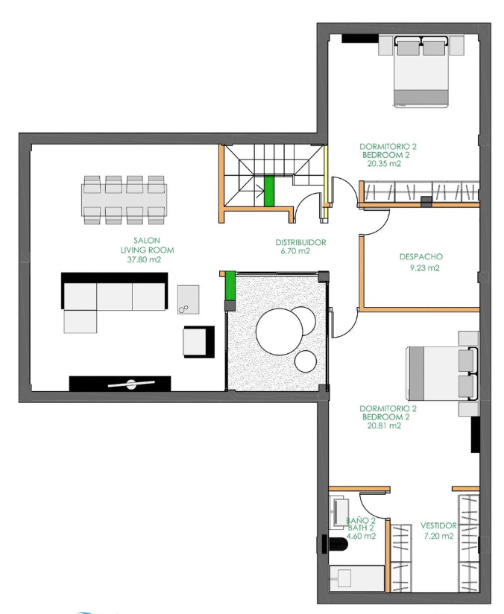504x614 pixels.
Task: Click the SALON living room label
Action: [147, 245]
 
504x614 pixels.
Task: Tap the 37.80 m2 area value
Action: [144, 259]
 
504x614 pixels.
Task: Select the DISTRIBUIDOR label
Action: [300, 243]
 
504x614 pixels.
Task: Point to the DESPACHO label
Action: [421, 257]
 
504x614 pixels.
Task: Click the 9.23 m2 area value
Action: [424, 268]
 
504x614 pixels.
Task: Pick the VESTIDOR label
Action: [438, 525]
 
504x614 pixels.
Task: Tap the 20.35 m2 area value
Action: [384, 164]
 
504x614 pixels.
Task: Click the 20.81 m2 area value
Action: [384, 425]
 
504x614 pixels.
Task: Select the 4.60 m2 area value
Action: [362, 536]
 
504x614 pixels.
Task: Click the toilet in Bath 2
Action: [334, 544]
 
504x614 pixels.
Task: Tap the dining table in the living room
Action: [124, 200]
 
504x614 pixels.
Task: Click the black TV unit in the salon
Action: [120, 384]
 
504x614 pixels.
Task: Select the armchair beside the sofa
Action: [199, 341]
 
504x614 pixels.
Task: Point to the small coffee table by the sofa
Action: [188, 300]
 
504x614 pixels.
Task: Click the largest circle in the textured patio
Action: [280, 332]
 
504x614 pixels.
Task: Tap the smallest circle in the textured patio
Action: [306, 361]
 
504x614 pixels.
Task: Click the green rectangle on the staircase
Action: [269, 192]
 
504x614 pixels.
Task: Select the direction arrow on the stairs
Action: [259, 191]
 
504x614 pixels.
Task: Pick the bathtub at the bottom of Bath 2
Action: [357, 578]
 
